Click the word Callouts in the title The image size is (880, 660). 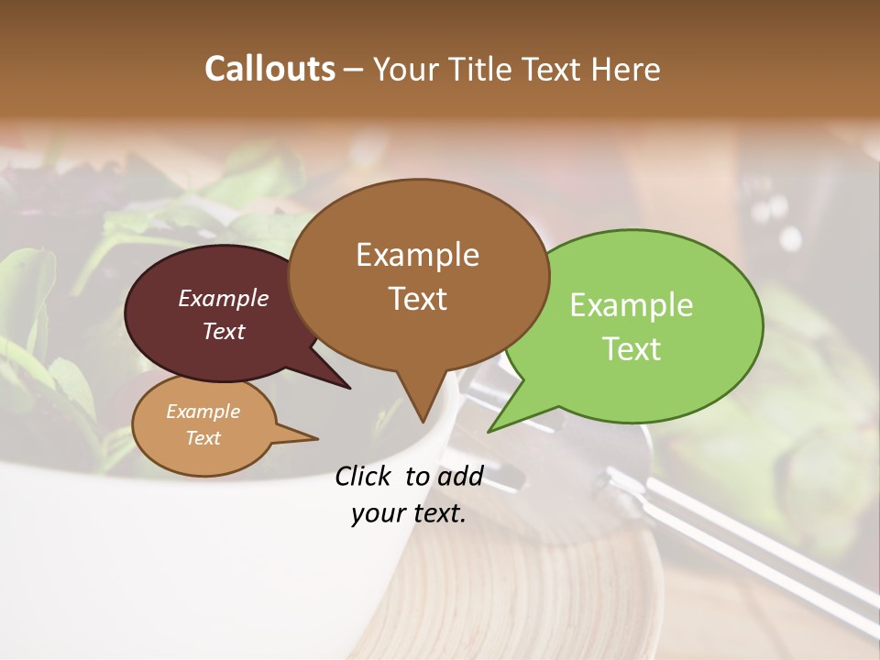click(x=269, y=69)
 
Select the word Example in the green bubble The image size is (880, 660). click(x=632, y=305)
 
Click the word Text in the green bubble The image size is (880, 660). click(x=632, y=349)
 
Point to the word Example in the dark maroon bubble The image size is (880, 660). click(x=224, y=298)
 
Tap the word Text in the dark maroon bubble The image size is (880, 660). click(x=224, y=331)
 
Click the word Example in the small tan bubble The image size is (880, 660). click(x=203, y=412)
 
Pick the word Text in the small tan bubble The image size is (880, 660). click(x=203, y=438)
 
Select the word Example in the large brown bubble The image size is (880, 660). click(x=417, y=255)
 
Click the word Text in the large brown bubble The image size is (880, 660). click(x=417, y=299)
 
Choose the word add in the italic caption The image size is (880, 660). click(x=460, y=477)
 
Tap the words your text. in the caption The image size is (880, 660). click(x=409, y=513)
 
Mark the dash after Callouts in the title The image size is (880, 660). click(x=355, y=70)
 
